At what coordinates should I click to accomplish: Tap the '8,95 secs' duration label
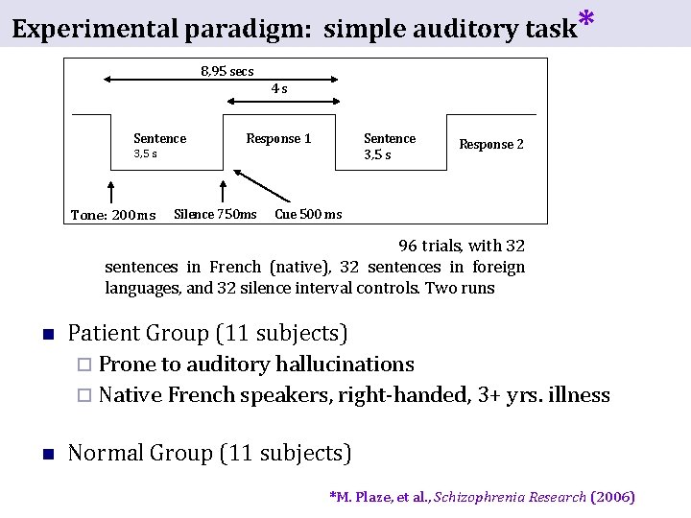(227, 72)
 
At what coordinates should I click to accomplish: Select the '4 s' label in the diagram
(279, 89)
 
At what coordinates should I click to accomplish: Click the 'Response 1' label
(278, 139)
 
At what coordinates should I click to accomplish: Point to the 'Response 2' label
(491, 145)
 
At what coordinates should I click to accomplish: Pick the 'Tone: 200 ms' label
(113, 215)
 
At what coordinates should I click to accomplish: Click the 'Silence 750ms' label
(215, 214)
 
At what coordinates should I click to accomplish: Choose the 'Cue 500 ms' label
(308, 214)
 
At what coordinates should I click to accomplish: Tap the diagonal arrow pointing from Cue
(266, 188)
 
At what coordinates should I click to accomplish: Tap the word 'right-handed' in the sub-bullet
(403, 395)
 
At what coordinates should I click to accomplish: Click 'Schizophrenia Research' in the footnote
(510, 497)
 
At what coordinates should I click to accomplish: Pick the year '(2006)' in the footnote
(613, 497)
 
